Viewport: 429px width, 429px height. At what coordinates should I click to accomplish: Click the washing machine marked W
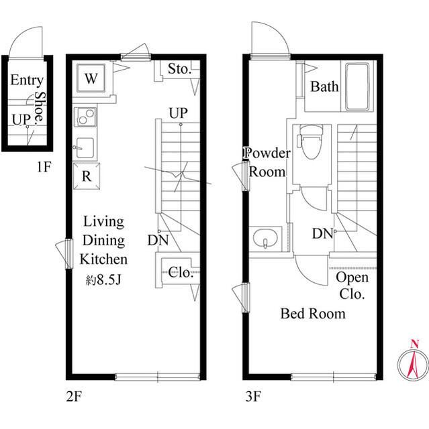click(x=91, y=78)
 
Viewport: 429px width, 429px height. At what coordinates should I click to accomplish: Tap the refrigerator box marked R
click(x=87, y=176)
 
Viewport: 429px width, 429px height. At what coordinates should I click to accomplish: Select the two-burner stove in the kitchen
click(x=85, y=117)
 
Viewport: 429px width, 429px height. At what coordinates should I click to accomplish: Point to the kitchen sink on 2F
click(x=85, y=147)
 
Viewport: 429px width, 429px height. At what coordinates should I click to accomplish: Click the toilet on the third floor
click(x=312, y=141)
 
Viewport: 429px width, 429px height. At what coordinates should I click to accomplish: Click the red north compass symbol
click(x=413, y=361)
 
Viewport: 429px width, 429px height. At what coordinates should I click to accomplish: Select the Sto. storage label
click(x=179, y=68)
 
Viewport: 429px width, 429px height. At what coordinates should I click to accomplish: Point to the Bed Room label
click(x=313, y=314)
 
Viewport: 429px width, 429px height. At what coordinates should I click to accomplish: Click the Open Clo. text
click(x=352, y=286)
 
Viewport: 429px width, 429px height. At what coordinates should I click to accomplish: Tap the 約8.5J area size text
click(x=103, y=280)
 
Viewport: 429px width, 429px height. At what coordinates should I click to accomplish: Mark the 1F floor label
click(x=44, y=167)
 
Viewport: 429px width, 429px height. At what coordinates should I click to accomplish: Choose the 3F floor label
click(x=253, y=396)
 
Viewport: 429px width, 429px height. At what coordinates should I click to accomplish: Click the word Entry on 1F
click(x=27, y=80)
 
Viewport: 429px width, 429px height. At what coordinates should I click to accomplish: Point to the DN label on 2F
click(x=158, y=240)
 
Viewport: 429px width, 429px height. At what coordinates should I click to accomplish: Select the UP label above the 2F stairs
click(x=179, y=113)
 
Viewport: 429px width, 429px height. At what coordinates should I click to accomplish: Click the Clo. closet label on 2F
click(x=181, y=272)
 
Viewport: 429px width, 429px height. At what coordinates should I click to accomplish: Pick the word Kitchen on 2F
click(x=103, y=259)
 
